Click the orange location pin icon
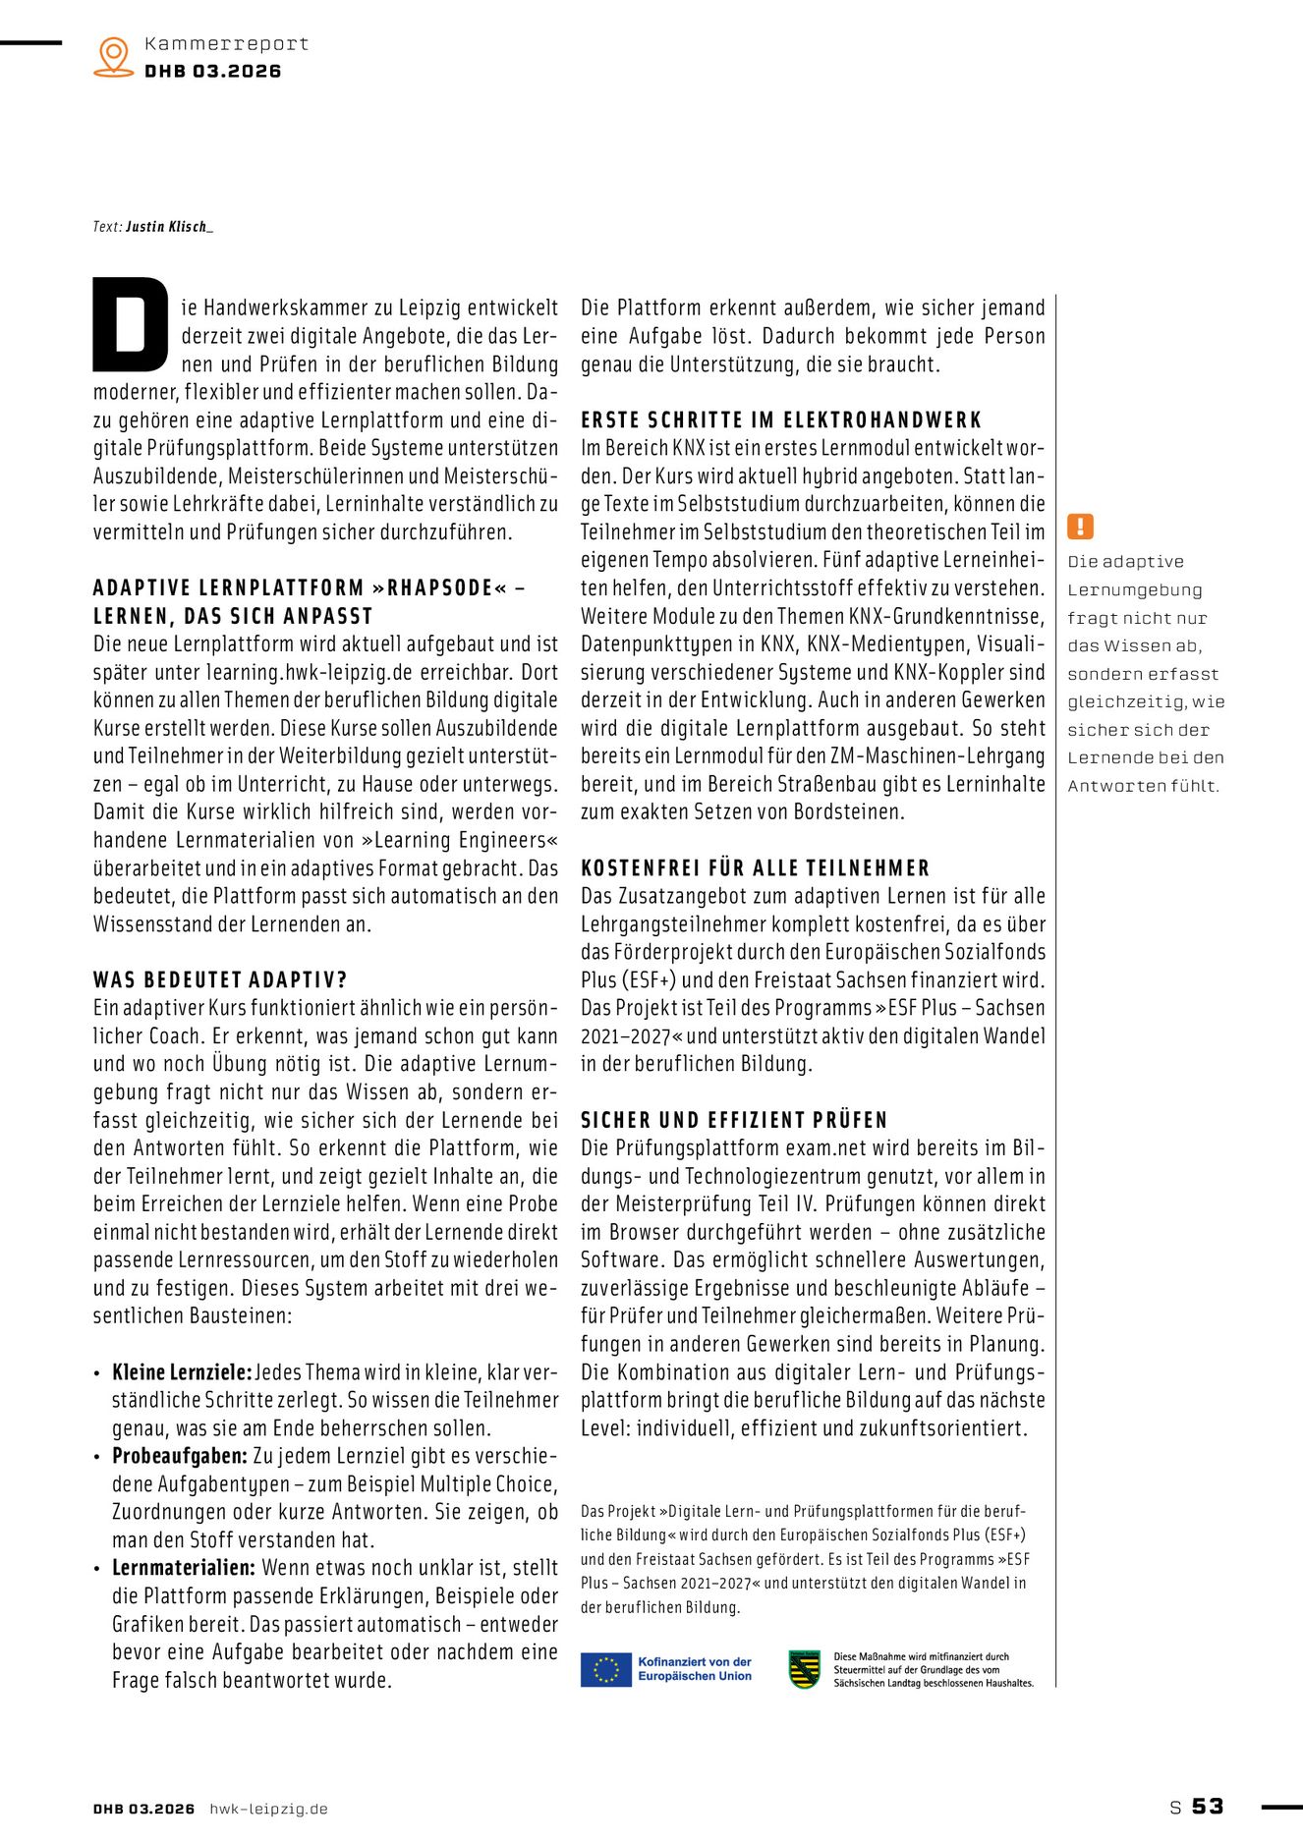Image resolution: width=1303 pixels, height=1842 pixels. point(114,56)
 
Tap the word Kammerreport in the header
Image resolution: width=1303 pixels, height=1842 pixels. point(226,43)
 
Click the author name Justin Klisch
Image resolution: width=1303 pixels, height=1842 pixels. point(168,227)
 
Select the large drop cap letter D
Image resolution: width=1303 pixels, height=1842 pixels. point(131,325)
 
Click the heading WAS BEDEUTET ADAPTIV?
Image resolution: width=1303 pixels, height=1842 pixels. point(220,979)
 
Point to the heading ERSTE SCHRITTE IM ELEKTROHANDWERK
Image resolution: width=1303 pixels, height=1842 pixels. point(781,419)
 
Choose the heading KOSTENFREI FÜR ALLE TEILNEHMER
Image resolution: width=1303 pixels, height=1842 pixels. point(755,867)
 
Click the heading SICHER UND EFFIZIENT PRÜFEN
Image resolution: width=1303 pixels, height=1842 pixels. point(734,1120)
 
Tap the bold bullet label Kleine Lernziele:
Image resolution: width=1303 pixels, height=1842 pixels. point(182,1372)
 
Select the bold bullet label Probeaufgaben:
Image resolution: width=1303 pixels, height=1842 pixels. point(180,1456)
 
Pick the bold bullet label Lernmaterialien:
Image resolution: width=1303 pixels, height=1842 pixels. point(184,1568)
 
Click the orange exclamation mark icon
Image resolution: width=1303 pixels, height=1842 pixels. point(1080,527)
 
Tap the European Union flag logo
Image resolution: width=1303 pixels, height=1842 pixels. point(605,1669)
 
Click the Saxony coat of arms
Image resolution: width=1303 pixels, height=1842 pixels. point(805,1669)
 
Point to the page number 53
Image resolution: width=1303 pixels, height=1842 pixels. point(1208,1806)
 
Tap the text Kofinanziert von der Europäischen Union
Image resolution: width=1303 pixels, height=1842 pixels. point(694,1669)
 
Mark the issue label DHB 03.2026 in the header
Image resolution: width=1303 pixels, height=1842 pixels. point(213,71)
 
